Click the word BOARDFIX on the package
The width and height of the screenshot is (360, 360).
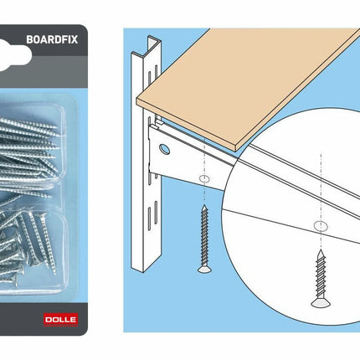[x=52, y=39]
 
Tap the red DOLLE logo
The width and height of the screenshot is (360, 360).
[x=61, y=320]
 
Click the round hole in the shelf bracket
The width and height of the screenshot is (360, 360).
[x=165, y=149]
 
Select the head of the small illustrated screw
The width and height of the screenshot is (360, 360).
[x=204, y=269]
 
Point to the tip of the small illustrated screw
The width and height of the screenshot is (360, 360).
[x=204, y=206]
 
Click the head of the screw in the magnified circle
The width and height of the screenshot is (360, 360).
[x=321, y=302]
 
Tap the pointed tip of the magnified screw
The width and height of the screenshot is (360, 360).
[x=321, y=250]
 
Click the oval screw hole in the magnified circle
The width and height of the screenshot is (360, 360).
[x=321, y=226]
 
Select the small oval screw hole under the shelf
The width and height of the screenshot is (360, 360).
[x=204, y=178]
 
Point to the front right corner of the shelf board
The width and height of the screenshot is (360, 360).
[x=236, y=148]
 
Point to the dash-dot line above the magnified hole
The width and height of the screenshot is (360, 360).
[x=321, y=187]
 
